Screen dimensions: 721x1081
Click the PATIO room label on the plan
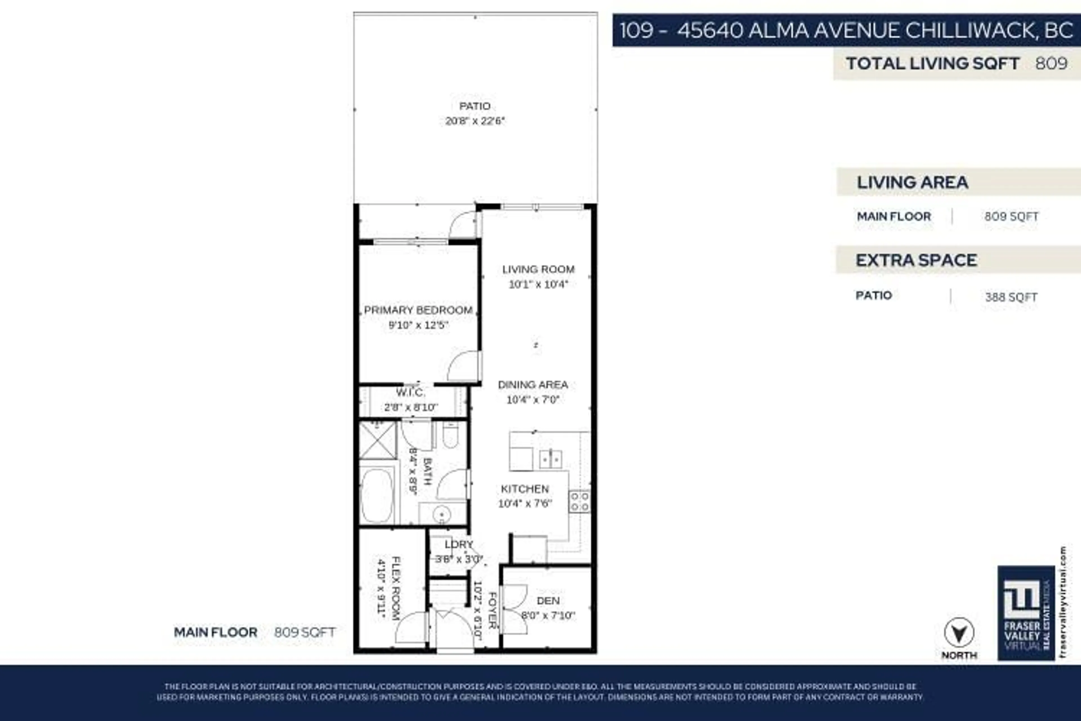point(475,106)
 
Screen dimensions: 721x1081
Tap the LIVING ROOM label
point(538,270)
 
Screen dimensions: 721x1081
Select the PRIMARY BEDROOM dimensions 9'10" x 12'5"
point(418,325)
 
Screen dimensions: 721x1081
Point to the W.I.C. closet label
point(410,393)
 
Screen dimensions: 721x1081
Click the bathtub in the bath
point(377,495)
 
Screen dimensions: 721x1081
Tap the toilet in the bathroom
point(450,435)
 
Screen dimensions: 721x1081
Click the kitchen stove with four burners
point(579,501)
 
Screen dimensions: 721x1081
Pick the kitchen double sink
point(550,459)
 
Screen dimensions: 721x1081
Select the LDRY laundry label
point(458,544)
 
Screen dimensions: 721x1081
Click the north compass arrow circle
point(959,633)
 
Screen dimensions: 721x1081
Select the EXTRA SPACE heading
point(916,260)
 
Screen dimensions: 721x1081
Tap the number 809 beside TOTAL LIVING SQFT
point(1051,63)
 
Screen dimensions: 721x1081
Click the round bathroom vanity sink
point(441,514)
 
